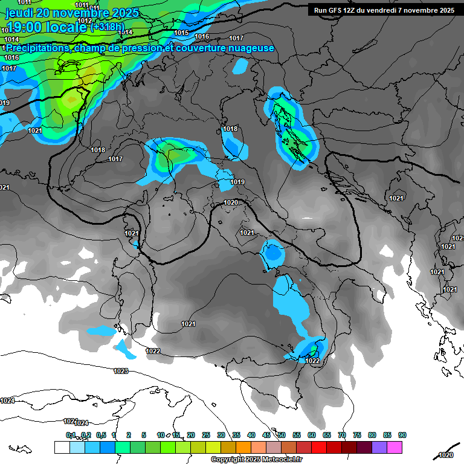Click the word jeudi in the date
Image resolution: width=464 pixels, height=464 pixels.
click(x=19, y=13)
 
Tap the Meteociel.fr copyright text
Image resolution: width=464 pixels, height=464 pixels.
click(x=256, y=460)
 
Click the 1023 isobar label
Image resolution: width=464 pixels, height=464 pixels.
click(x=121, y=371)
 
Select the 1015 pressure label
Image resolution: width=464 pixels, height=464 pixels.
click(x=181, y=33)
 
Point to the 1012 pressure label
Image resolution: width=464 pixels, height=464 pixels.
click(x=85, y=21)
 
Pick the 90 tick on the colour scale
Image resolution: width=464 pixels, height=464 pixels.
click(x=402, y=435)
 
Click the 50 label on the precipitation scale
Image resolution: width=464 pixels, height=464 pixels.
click(x=282, y=435)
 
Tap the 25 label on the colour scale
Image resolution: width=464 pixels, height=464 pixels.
click(x=206, y=435)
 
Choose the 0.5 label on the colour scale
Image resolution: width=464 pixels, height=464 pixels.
click(x=101, y=435)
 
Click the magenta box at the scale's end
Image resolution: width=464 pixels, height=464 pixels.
click(x=395, y=447)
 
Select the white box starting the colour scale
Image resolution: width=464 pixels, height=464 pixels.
click(x=62, y=447)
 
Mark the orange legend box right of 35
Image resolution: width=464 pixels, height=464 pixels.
click(x=243, y=447)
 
